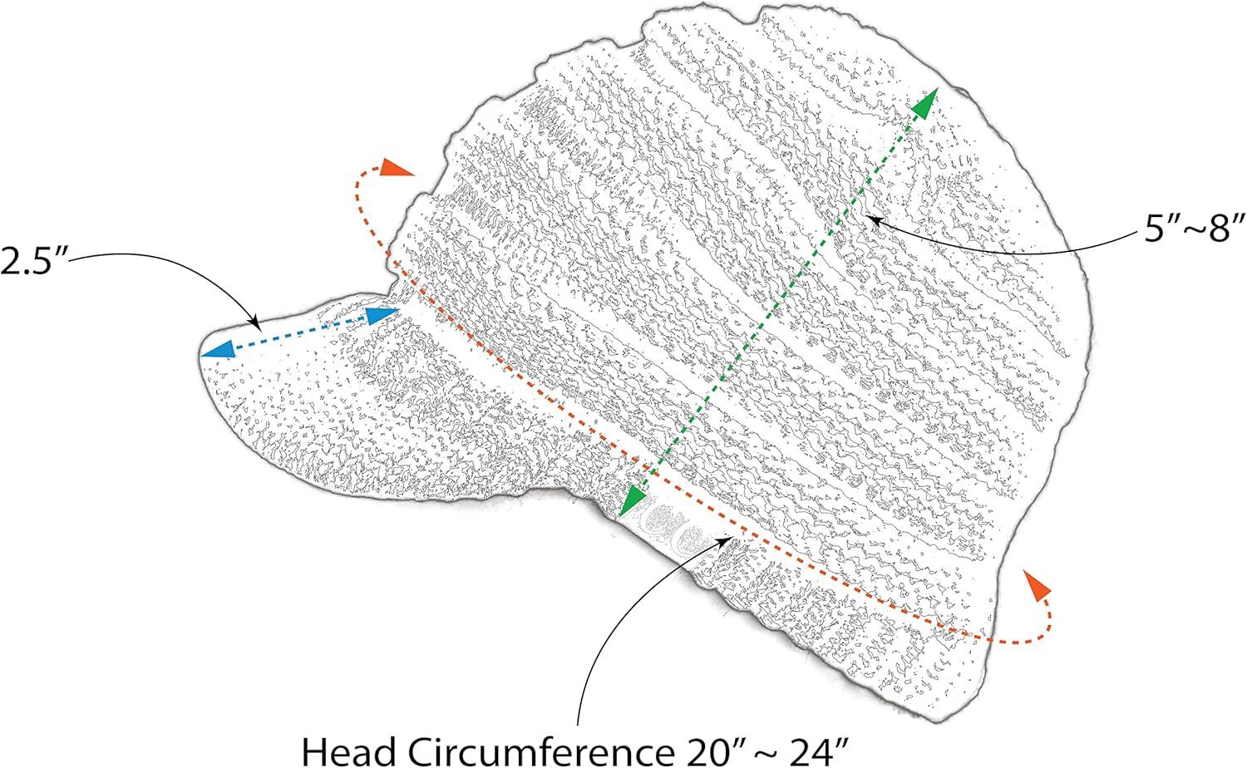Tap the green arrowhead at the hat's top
[x=924, y=101]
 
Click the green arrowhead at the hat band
[x=633, y=500]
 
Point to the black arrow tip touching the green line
[x=868, y=218]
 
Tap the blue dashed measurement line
[x=299, y=332]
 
